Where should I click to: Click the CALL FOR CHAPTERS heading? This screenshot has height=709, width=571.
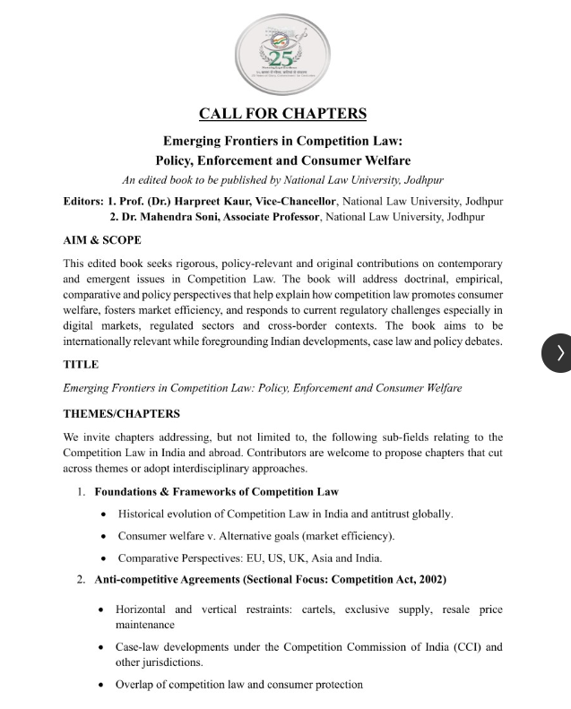pyautogui.click(x=282, y=114)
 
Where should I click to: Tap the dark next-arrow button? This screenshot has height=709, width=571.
pyautogui.click(x=560, y=352)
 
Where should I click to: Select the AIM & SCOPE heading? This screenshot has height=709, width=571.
pyautogui.click(x=101, y=240)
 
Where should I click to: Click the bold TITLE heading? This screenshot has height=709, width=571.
pyautogui.click(x=81, y=365)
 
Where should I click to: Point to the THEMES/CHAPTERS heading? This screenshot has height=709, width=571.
pyautogui.click(x=121, y=413)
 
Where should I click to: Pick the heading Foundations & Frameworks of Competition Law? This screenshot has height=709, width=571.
pyautogui.click(x=216, y=491)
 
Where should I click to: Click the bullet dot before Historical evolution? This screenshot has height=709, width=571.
pyautogui.click(x=106, y=514)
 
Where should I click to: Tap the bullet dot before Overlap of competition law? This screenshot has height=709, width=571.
pyautogui.click(x=106, y=685)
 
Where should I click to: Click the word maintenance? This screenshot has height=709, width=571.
pyautogui.click(x=146, y=624)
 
